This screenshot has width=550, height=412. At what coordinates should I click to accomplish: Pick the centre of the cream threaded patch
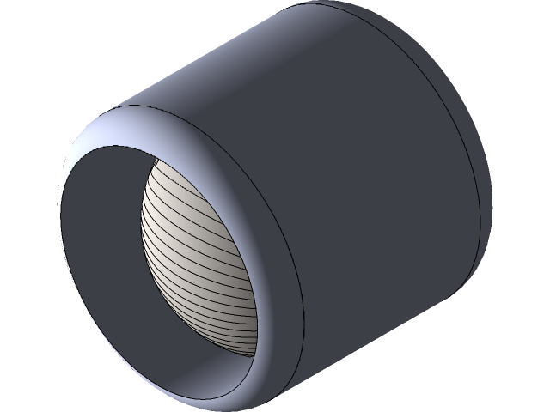[x=202, y=257]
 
